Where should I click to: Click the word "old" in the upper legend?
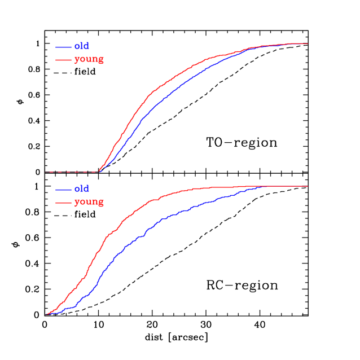click(82, 46)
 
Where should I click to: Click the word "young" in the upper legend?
click(89, 59)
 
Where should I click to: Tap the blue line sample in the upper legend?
click(63, 47)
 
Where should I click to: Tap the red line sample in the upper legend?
click(63, 59)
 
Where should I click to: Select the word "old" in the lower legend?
click(82, 189)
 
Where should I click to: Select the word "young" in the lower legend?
click(89, 202)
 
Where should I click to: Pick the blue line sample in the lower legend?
click(63, 190)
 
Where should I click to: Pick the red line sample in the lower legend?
click(63, 202)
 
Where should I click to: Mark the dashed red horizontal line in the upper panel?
click(73, 172)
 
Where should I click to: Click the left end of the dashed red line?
click(48, 172)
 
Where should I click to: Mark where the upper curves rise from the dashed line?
click(99, 171)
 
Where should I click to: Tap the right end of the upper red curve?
click(308, 43)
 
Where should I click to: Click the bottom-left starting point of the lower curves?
click(47, 314)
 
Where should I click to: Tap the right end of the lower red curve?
click(308, 186)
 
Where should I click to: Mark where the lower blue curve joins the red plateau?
click(263, 186)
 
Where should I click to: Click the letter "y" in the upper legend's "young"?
click(77, 60)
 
